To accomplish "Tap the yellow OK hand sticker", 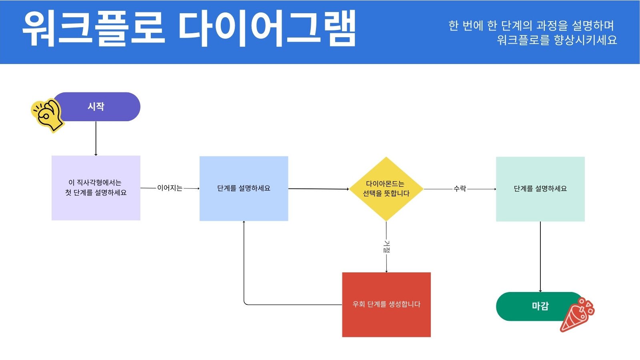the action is [x=48, y=116].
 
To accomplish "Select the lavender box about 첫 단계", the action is [x=96, y=188].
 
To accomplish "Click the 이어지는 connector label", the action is [x=170, y=188].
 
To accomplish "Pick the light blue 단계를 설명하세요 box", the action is [x=244, y=188].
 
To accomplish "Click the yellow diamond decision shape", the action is [x=386, y=189].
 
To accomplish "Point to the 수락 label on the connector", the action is [x=460, y=188].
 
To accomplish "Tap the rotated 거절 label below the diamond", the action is [x=386, y=246].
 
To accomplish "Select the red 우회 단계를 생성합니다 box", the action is [x=386, y=304].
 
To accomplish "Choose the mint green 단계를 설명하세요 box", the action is [x=540, y=189].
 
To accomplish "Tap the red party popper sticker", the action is [x=577, y=314].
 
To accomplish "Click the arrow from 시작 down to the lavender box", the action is [x=96, y=138].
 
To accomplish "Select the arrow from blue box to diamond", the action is [x=318, y=189].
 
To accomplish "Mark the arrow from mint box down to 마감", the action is [x=540, y=257].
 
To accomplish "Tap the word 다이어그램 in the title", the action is [x=267, y=28].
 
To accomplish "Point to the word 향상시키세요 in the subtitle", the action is [x=586, y=40].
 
